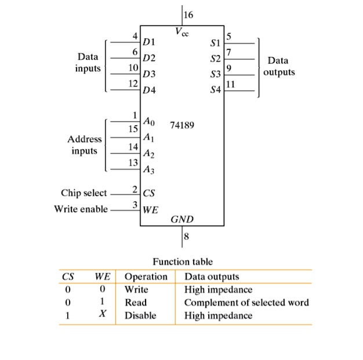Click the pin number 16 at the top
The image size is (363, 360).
click(x=189, y=14)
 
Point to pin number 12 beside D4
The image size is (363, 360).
click(x=133, y=84)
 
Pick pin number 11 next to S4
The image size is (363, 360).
click(x=231, y=85)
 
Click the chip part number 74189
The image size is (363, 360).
click(x=182, y=125)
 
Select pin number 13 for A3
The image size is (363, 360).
click(x=133, y=162)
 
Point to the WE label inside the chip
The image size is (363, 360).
click(x=150, y=209)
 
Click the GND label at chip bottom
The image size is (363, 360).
click(x=182, y=220)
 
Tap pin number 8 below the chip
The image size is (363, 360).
click(x=186, y=235)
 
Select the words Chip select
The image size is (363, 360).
click(x=84, y=192)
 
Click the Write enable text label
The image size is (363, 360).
click(x=81, y=209)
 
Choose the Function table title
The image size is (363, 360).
click(x=182, y=262)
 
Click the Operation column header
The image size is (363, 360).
click(x=146, y=277)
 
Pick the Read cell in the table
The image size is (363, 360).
click(x=136, y=303)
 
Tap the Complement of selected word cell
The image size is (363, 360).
click(x=246, y=303)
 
